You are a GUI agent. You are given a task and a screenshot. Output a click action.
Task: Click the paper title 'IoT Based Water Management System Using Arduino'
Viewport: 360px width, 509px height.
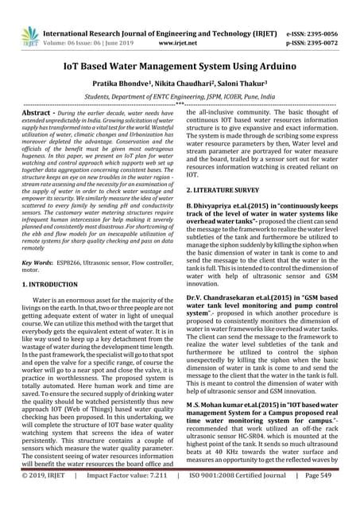click(x=180, y=46)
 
